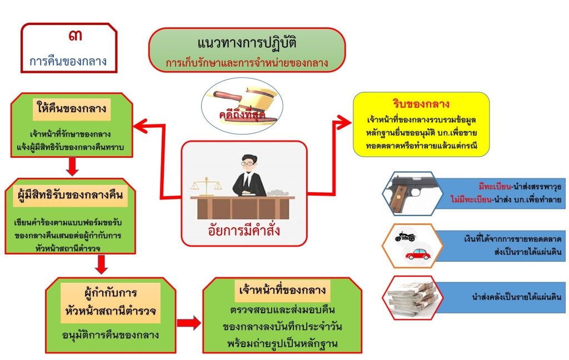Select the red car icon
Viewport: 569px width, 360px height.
click(x=418, y=254)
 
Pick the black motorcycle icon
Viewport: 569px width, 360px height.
click(x=405, y=236)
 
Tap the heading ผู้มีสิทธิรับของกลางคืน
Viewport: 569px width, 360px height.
click(x=69, y=195)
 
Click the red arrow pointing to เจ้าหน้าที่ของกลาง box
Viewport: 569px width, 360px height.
click(x=188, y=322)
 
